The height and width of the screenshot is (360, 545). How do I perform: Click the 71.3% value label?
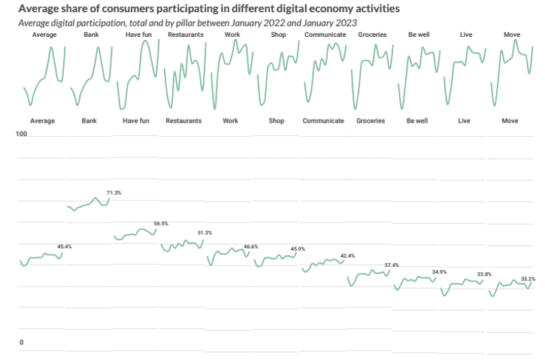click(114, 193)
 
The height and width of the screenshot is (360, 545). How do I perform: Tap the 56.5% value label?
click(161, 223)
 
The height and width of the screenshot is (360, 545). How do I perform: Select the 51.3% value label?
click(204, 233)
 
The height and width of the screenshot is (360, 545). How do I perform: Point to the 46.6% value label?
click(251, 247)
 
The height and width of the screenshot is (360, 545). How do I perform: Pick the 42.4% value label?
click(347, 256)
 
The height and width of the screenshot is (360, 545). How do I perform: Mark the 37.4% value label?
click(392, 265)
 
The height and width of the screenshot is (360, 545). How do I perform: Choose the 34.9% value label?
click(439, 271)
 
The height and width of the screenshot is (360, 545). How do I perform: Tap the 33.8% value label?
click(484, 274)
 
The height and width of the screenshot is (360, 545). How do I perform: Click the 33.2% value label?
click(528, 279)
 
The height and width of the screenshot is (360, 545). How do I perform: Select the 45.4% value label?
click(65, 247)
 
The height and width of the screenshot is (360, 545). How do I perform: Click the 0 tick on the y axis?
click(21, 343)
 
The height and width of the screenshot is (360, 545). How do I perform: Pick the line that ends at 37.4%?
click(368, 275)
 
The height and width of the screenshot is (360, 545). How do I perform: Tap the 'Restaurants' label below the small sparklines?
click(183, 120)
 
